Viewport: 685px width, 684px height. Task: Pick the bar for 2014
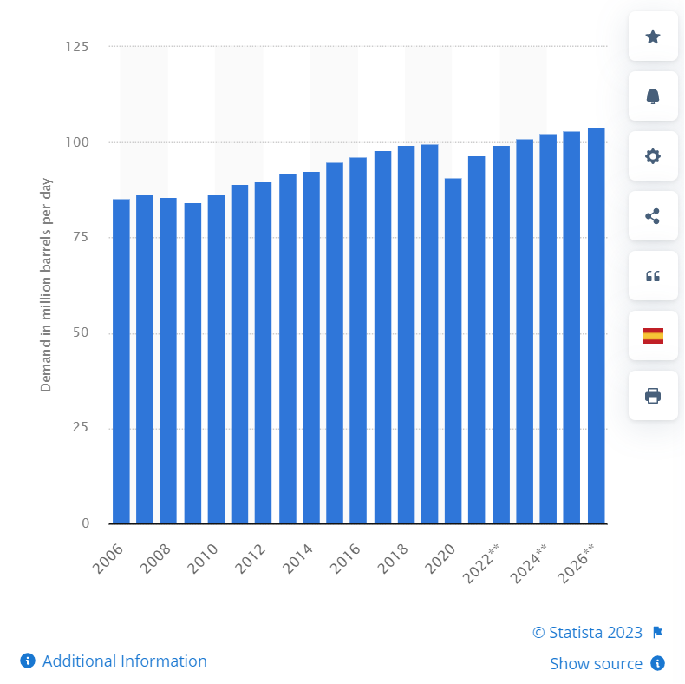pyautogui.click(x=311, y=348)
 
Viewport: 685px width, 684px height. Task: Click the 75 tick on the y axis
pyautogui.click(x=81, y=237)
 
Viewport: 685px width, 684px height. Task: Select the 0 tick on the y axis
pyautogui.click(x=85, y=523)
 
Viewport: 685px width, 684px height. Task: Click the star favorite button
pyautogui.click(x=653, y=36)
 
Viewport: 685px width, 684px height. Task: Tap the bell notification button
pyautogui.click(x=653, y=96)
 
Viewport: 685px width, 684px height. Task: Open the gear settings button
pyautogui.click(x=653, y=156)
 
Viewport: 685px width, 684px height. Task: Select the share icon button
pyautogui.click(x=653, y=216)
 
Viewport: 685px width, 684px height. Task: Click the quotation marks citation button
pyautogui.click(x=653, y=276)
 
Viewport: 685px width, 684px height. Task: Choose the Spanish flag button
pyautogui.click(x=653, y=336)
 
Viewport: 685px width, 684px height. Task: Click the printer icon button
pyautogui.click(x=653, y=396)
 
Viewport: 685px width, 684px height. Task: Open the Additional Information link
pyautogui.click(x=124, y=661)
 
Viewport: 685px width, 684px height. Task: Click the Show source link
pyautogui.click(x=596, y=663)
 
